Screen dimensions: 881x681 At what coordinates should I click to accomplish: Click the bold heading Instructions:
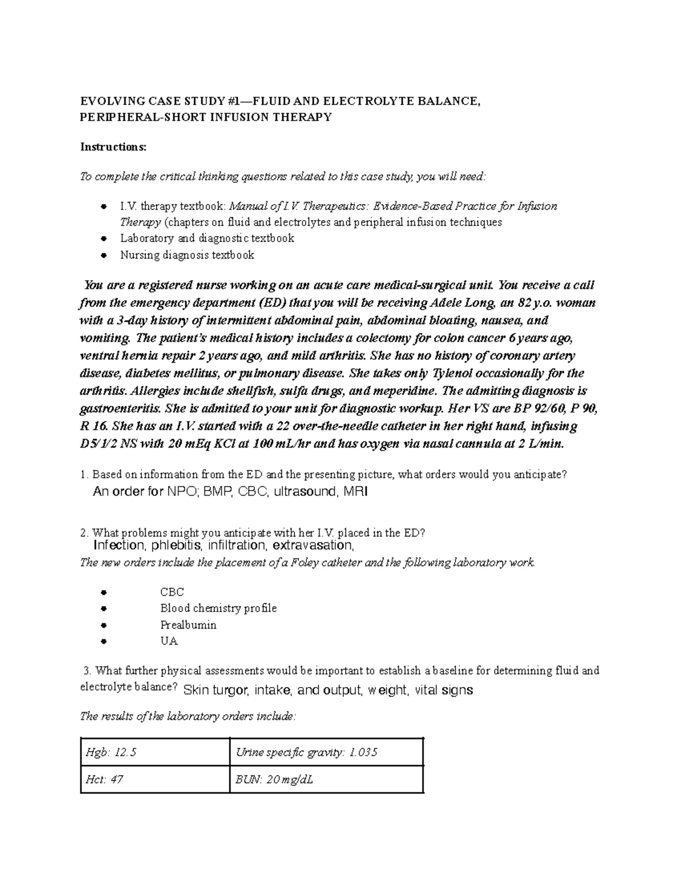[x=113, y=147]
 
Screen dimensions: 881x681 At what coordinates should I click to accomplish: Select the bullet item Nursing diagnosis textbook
[x=187, y=255]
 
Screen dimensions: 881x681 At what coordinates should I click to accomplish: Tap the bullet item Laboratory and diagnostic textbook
[x=207, y=238]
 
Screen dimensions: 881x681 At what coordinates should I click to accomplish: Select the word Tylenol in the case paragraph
[x=455, y=373]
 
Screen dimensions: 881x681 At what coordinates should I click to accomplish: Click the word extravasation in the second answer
[x=313, y=546]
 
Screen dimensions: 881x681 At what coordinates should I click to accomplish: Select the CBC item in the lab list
[x=172, y=592]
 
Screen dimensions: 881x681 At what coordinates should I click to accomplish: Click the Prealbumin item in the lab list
[x=188, y=625]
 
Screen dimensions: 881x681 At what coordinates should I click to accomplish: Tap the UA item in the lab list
[x=169, y=642]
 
